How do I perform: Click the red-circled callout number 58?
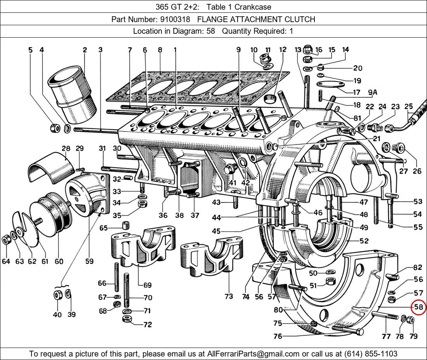418,307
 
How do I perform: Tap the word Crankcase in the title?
253,7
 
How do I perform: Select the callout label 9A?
373,92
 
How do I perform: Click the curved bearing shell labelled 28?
52,167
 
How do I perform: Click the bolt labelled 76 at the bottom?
348,330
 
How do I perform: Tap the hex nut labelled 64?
6,240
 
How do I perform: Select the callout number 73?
229,296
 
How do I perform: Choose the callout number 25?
408,106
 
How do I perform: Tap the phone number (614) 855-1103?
371,354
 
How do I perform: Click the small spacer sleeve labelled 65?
125,225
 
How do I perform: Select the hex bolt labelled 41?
229,169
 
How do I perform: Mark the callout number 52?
364,241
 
